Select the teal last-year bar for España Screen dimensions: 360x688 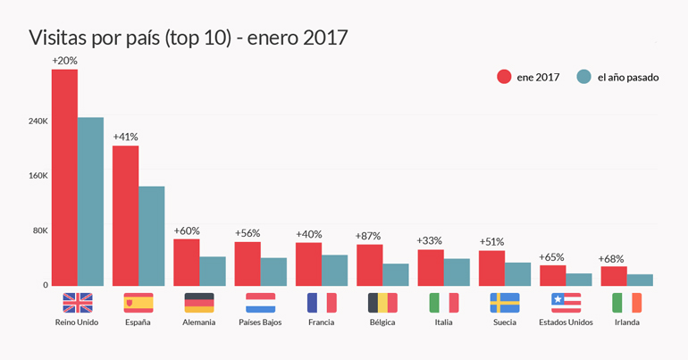coord(151,236)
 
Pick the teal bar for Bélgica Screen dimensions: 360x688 coord(396,274)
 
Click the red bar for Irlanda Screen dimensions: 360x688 coord(614,276)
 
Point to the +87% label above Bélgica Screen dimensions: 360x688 coord(368,236)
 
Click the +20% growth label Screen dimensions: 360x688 coord(64,61)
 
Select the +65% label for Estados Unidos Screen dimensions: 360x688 coord(551,257)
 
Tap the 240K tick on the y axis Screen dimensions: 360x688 coord(37,121)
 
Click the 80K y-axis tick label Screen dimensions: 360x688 coord(38,230)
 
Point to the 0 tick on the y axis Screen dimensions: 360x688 coord(44,285)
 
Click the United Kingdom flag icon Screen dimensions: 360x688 coord(78,302)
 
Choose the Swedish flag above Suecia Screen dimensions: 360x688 coord(505,302)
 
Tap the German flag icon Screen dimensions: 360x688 coord(199,302)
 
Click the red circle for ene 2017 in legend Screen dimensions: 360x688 coord(504,77)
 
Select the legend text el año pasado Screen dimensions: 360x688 coord(627,77)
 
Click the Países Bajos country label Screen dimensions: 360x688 coord(260,322)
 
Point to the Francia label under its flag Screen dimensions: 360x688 coord(322,322)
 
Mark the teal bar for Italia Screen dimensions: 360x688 coord(457,272)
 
